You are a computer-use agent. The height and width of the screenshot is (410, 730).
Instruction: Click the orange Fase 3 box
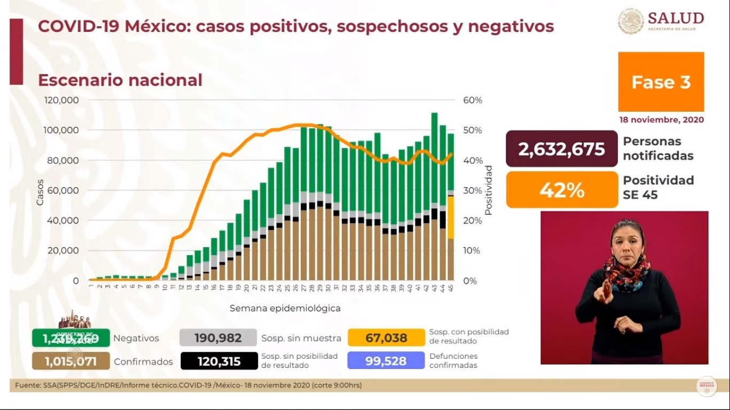pos(661,82)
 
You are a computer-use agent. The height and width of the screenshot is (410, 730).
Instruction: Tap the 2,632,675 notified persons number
pos(562,149)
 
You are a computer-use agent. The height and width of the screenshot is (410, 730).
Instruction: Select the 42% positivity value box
pos(562,190)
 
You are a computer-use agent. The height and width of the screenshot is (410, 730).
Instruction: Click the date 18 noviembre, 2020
pos(661,120)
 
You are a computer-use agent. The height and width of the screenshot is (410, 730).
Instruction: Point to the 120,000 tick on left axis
pos(61,100)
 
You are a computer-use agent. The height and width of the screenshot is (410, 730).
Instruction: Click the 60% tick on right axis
pos(472,100)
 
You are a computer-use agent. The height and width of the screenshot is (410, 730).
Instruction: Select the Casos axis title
pos(40,192)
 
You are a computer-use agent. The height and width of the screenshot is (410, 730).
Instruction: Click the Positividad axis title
pos(488,190)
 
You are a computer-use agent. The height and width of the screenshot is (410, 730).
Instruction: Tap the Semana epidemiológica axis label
pos(285,308)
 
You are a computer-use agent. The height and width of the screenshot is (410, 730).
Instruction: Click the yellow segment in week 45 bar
pos(451,217)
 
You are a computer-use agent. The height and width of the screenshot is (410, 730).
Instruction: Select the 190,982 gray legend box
pos(218,338)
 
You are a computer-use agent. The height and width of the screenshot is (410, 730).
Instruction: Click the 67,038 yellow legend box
pos(386,338)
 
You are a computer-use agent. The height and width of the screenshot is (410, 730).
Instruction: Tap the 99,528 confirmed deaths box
pos(386,361)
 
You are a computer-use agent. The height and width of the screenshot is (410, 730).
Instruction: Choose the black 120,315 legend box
pos(218,361)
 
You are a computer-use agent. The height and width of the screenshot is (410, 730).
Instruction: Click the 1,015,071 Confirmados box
pos(71,361)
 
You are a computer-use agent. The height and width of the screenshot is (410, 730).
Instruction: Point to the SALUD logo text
pos(675,19)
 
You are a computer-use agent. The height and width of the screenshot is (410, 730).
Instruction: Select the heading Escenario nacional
pos(120,80)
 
